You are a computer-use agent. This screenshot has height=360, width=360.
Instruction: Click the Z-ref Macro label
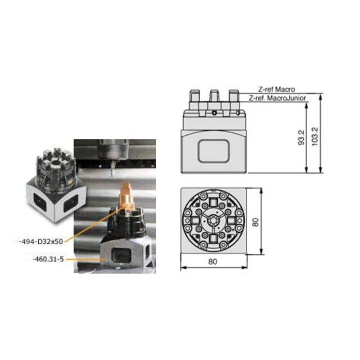pos(276,89)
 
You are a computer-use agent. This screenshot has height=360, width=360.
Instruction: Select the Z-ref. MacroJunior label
pos(277,98)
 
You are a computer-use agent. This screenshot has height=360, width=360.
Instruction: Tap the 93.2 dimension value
pos(301,138)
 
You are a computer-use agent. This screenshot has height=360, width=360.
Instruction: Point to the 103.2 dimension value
pos(315,136)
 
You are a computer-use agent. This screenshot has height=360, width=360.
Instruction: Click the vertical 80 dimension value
pos(255,222)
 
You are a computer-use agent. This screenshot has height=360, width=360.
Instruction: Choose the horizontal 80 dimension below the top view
pos(212,261)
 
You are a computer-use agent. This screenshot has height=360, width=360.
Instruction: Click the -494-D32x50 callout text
pos(41,242)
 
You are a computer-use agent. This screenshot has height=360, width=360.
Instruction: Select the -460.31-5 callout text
pos(49,259)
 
